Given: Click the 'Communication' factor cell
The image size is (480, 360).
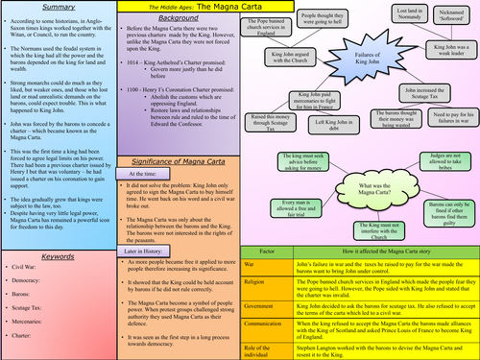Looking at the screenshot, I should click(276, 326).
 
